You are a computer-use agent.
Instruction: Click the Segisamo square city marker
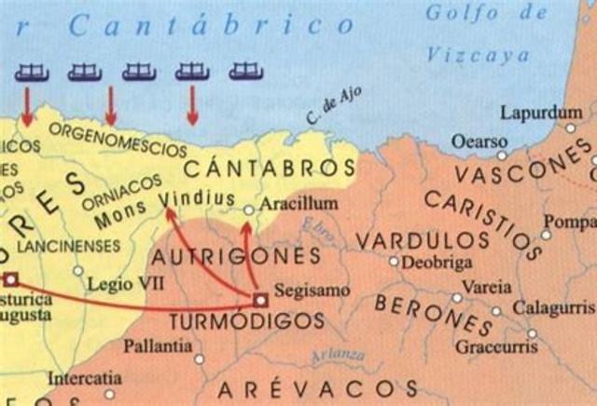[260, 299]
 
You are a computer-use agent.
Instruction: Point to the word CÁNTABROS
[270, 169]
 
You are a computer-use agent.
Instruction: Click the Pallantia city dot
[199, 359]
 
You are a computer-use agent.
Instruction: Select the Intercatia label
[84, 379]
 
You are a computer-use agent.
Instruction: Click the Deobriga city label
[437, 262]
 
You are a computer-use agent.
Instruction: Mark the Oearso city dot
[501, 155]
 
